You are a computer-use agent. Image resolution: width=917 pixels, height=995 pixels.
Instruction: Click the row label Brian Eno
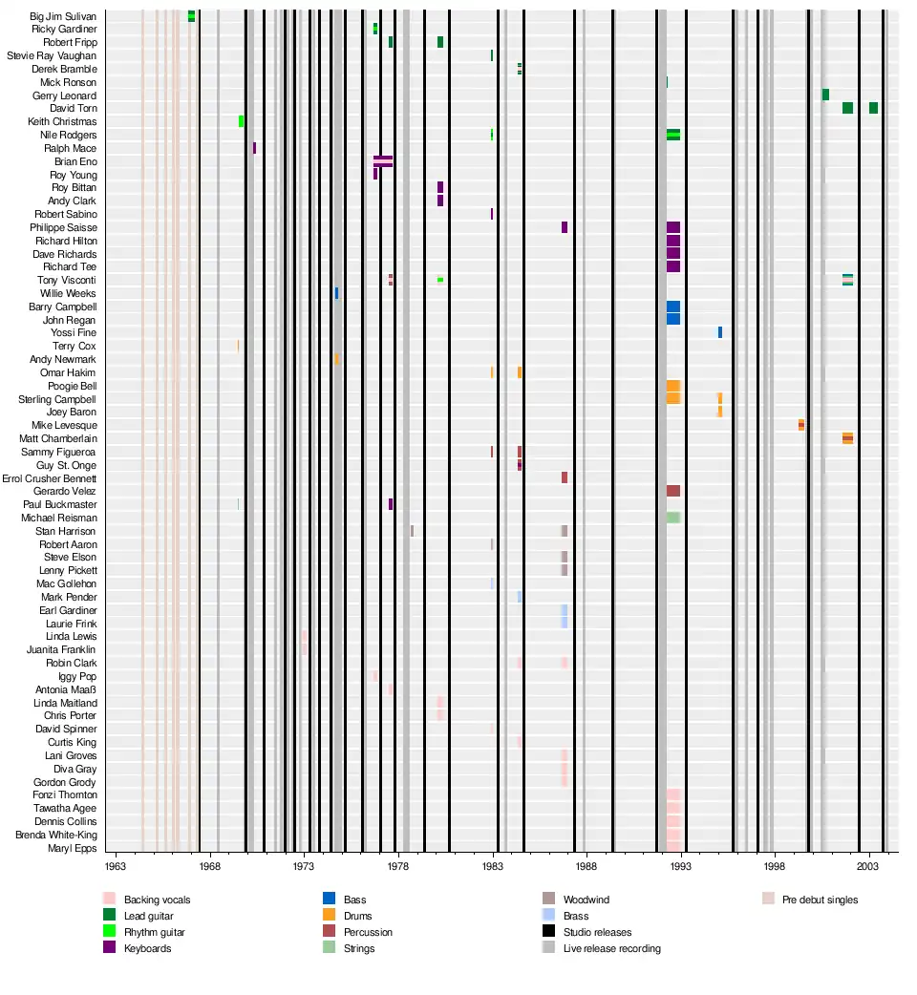(x=75, y=162)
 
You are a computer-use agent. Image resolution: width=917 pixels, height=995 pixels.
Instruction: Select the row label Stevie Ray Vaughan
(x=52, y=56)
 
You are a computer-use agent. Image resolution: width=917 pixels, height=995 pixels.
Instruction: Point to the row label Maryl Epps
(x=73, y=848)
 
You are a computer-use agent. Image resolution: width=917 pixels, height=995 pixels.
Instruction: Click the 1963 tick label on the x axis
(x=116, y=867)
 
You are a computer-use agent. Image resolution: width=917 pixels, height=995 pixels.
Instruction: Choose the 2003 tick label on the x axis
(x=867, y=867)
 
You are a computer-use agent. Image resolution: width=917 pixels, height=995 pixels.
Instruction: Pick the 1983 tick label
(x=492, y=867)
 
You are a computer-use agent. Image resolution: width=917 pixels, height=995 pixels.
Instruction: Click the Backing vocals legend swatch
(x=109, y=900)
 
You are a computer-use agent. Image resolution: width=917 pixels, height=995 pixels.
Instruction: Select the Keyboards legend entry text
(x=148, y=948)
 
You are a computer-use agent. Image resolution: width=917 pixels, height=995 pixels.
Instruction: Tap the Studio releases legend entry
(x=597, y=932)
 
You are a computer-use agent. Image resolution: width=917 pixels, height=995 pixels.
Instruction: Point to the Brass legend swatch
(x=548, y=916)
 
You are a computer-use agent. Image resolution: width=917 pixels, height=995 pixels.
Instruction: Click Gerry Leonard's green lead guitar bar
(x=825, y=95)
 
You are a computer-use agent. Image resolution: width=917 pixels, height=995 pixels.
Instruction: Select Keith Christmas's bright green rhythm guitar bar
(x=241, y=121)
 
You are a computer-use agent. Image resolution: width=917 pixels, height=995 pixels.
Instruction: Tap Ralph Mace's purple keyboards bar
(x=254, y=148)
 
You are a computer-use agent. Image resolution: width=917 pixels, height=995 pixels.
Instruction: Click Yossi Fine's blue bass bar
(x=720, y=332)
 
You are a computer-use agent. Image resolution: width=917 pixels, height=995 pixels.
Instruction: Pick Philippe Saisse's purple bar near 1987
(x=565, y=227)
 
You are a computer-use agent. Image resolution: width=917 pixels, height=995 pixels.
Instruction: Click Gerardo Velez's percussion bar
(x=673, y=491)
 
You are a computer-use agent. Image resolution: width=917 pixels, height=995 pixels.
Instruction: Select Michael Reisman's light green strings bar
(x=673, y=518)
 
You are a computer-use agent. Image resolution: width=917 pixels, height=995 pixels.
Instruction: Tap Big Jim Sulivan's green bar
(x=191, y=15)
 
